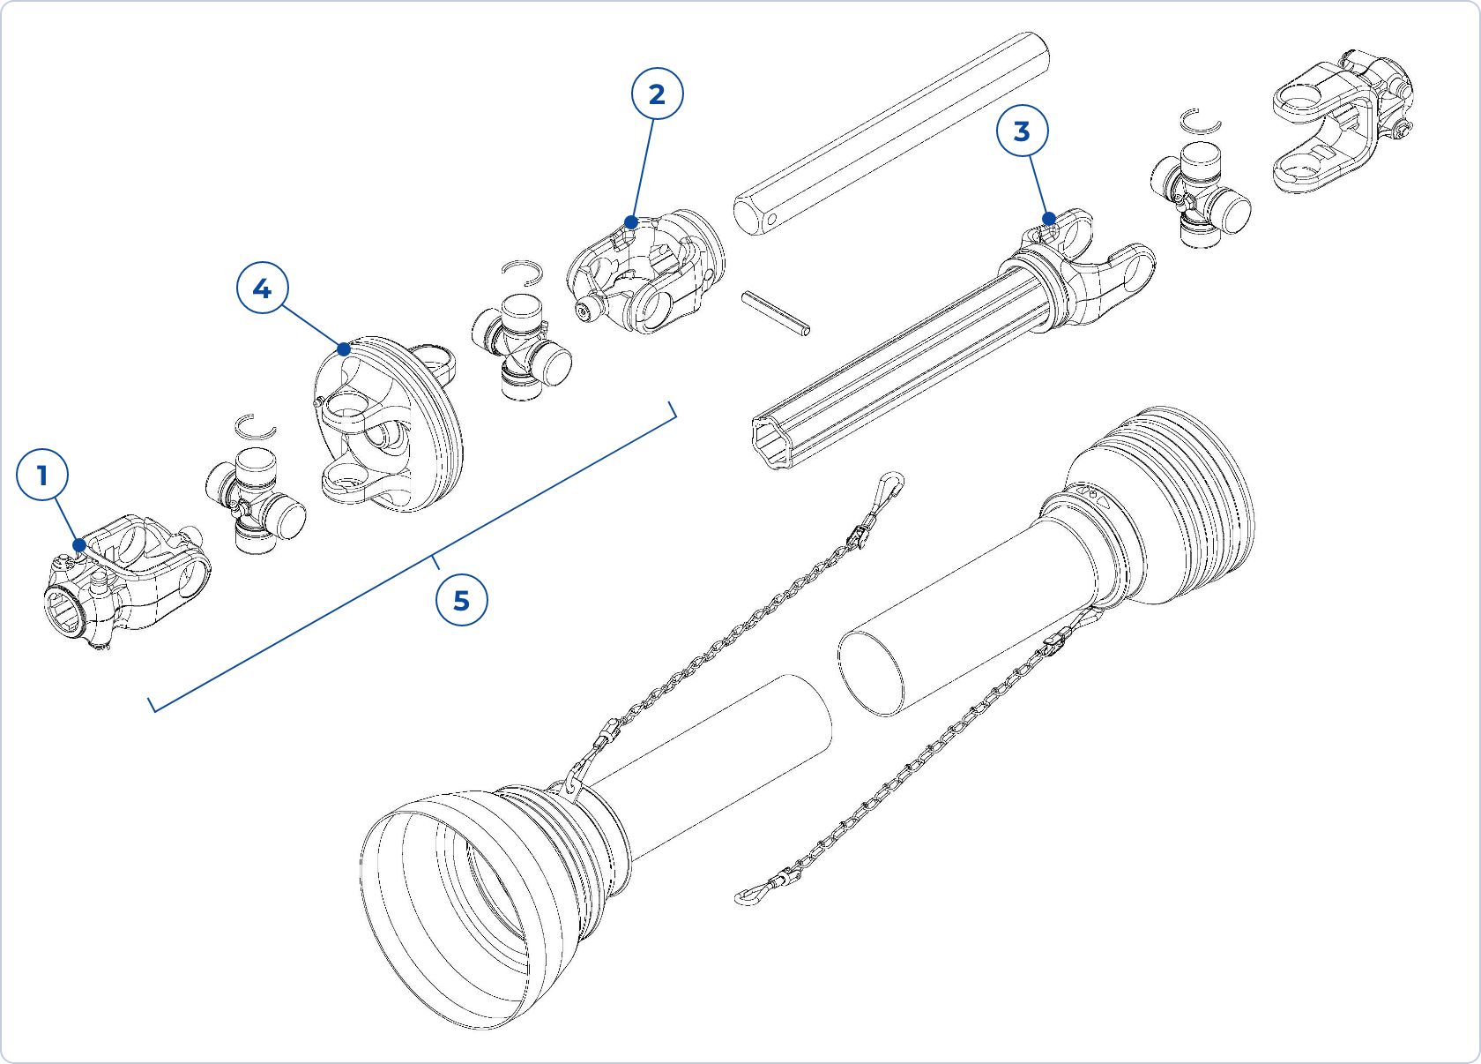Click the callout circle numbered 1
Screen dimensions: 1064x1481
[42, 476]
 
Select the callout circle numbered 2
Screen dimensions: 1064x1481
[657, 94]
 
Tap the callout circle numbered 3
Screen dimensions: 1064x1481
[1022, 131]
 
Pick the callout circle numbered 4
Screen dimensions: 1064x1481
[262, 288]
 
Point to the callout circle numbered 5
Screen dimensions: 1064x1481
[461, 601]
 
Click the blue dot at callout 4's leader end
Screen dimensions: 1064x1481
[344, 349]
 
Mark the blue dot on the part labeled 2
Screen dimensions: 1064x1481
[631, 222]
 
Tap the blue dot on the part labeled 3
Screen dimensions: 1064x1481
[1049, 219]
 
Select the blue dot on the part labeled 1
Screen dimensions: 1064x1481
[80, 545]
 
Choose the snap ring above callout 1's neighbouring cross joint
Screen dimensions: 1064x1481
[257, 427]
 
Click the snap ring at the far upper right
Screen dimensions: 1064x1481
[1199, 122]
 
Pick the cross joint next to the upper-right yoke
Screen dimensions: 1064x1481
[1199, 196]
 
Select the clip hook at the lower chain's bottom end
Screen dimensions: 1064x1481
[749, 895]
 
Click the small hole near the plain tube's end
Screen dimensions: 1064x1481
[770, 219]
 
